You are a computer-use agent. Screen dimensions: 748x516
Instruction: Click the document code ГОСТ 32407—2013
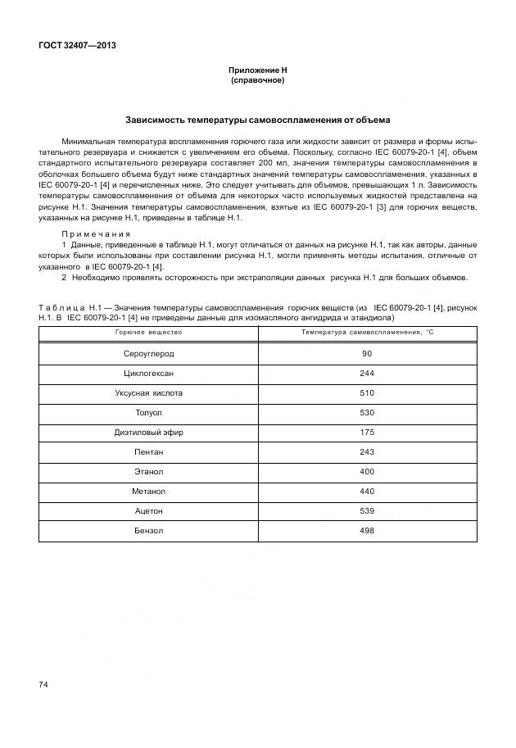(77, 45)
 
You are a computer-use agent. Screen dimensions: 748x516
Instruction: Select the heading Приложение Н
(257, 72)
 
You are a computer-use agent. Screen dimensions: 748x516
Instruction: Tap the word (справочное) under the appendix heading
(257, 82)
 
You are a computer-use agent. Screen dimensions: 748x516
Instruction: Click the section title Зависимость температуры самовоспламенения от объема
(257, 120)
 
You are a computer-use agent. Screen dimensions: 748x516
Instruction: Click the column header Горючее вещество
(148, 333)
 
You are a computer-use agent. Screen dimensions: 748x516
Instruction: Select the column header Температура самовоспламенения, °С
(366, 333)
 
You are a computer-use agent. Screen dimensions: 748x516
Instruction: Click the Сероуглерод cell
(148, 354)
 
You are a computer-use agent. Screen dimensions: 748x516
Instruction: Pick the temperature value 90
(366, 354)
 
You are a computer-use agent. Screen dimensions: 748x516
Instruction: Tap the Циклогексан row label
(148, 374)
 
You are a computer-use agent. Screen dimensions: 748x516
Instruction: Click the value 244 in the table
(366, 374)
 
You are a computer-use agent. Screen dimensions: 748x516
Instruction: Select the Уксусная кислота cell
(148, 393)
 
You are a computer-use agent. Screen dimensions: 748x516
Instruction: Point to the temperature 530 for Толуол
(366, 413)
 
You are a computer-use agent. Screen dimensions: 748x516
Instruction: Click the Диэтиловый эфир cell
(148, 433)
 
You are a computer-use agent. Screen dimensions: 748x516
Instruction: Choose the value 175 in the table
(366, 433)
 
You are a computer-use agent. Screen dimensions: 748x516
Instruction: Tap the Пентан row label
(148, 452)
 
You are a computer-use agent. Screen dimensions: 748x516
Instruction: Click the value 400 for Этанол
(366, 472)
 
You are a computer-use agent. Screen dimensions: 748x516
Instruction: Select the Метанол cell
(148, 492)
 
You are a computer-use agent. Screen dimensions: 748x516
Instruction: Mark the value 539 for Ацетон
(366, 511)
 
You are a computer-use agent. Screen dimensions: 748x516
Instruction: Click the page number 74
(43, 684)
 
